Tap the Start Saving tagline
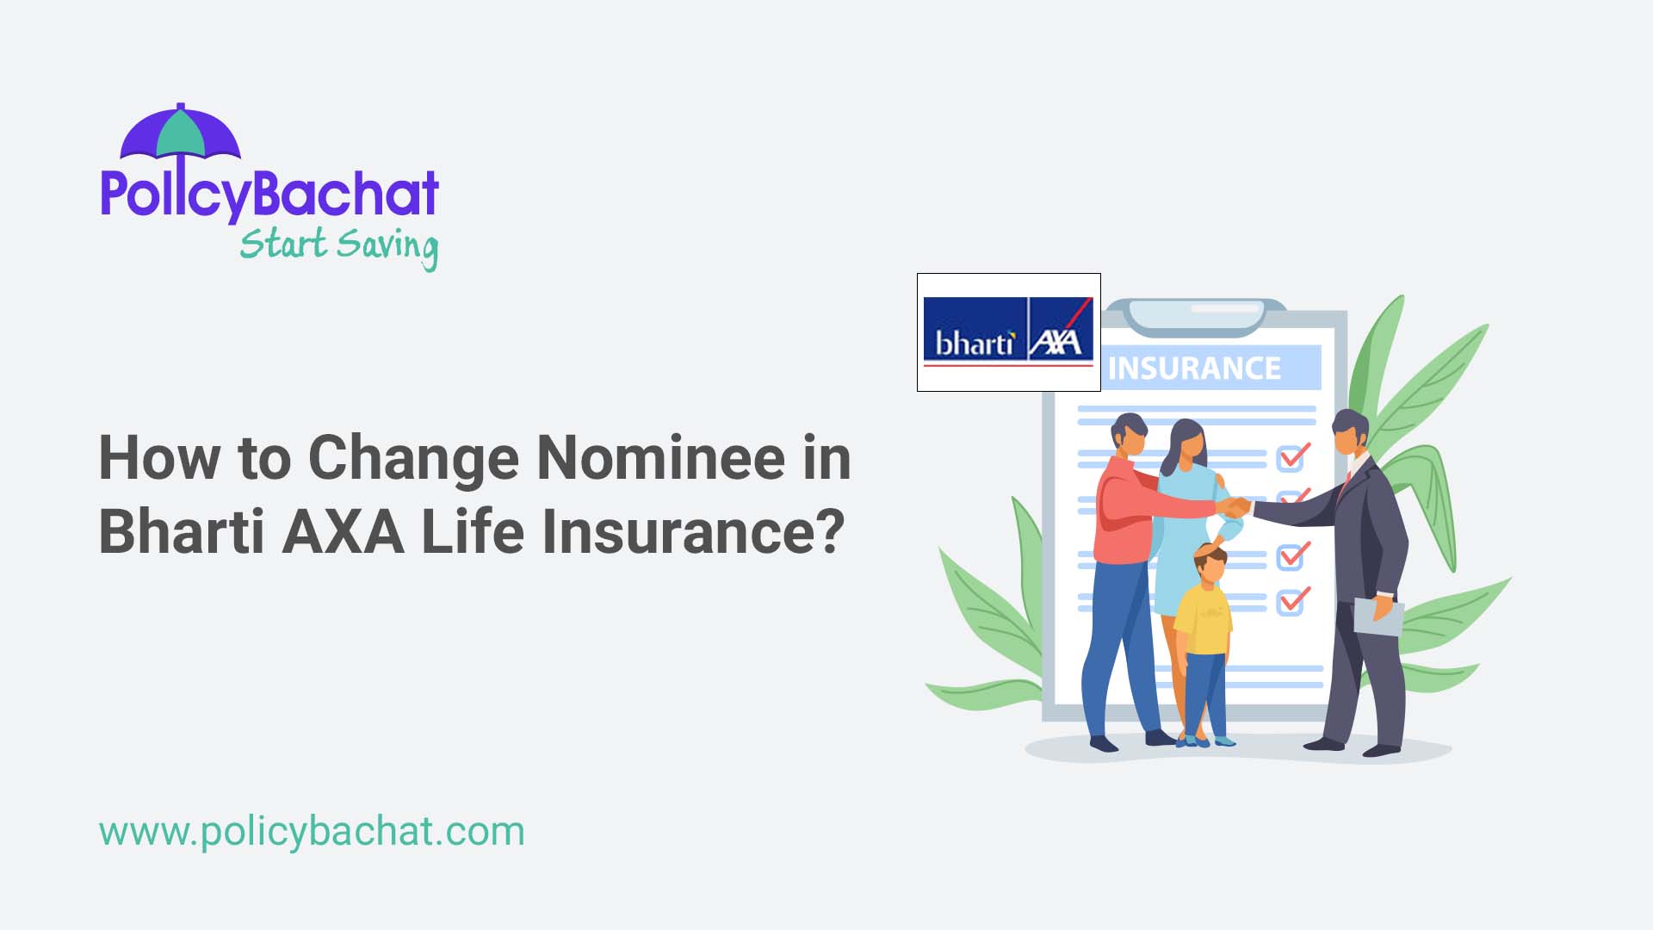[x=338, y=245]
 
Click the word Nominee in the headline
[x=660, y=457]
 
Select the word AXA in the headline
[x=343, y=531]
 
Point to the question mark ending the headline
[x=828, y=531]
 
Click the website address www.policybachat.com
[x=312, y=831]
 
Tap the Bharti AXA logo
[x=1008, y=332]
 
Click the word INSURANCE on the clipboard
[x=1194, y=369]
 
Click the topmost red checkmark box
[x=1291, y=456]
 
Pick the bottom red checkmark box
[x=1291, y=600]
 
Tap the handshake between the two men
[x=1237, y=507]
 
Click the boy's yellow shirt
[x=1204, y=619]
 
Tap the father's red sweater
[x=1124, y=517]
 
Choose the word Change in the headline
[x=413, y=457]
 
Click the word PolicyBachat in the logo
[x=269, y=194]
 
